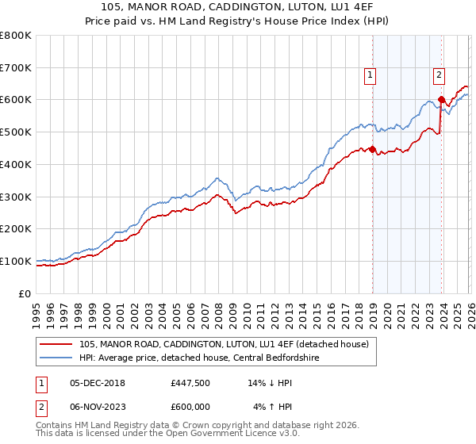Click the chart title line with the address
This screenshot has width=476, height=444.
(x=238, y=7)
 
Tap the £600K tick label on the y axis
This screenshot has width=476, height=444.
(x=16, y=100)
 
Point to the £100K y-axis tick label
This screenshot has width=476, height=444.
(x=16, y=261)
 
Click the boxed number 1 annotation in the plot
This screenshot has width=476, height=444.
(x=370, y=76)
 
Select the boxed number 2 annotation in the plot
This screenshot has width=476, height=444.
(x=439, y=76)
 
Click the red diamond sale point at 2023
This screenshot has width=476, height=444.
(x=442, y=100)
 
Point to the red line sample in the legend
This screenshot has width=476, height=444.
(x=56, y=345)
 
